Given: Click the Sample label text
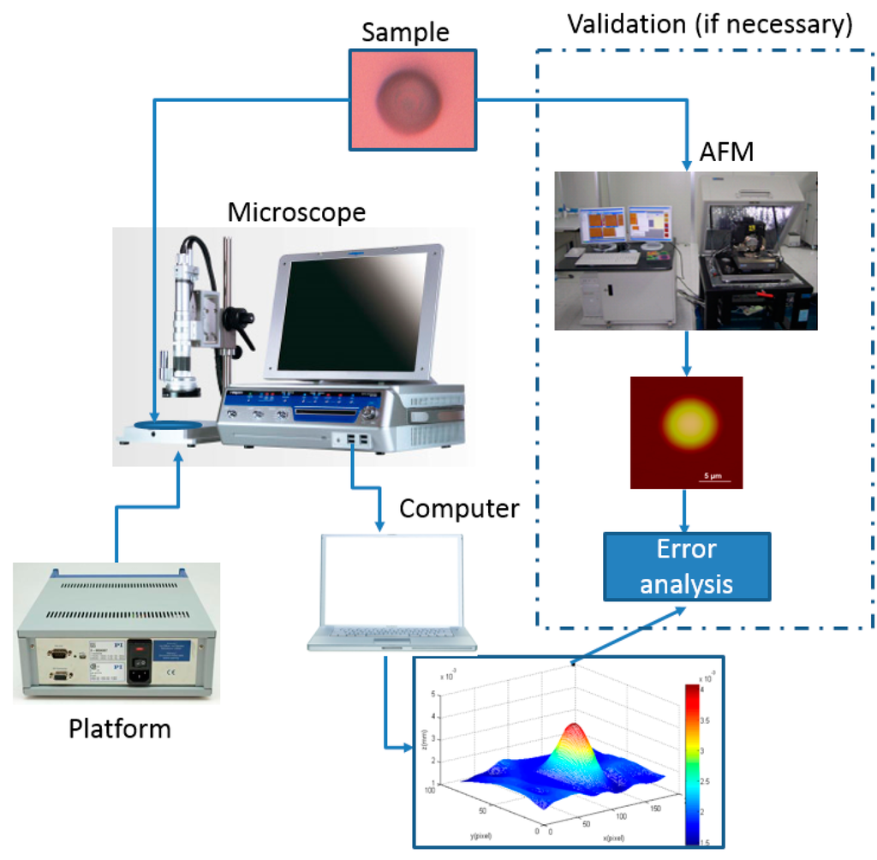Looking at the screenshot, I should (405, 33).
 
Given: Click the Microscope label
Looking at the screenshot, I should (296, 211).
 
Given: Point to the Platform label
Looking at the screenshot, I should (119, 729).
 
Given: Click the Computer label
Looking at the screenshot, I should (459, 508).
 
